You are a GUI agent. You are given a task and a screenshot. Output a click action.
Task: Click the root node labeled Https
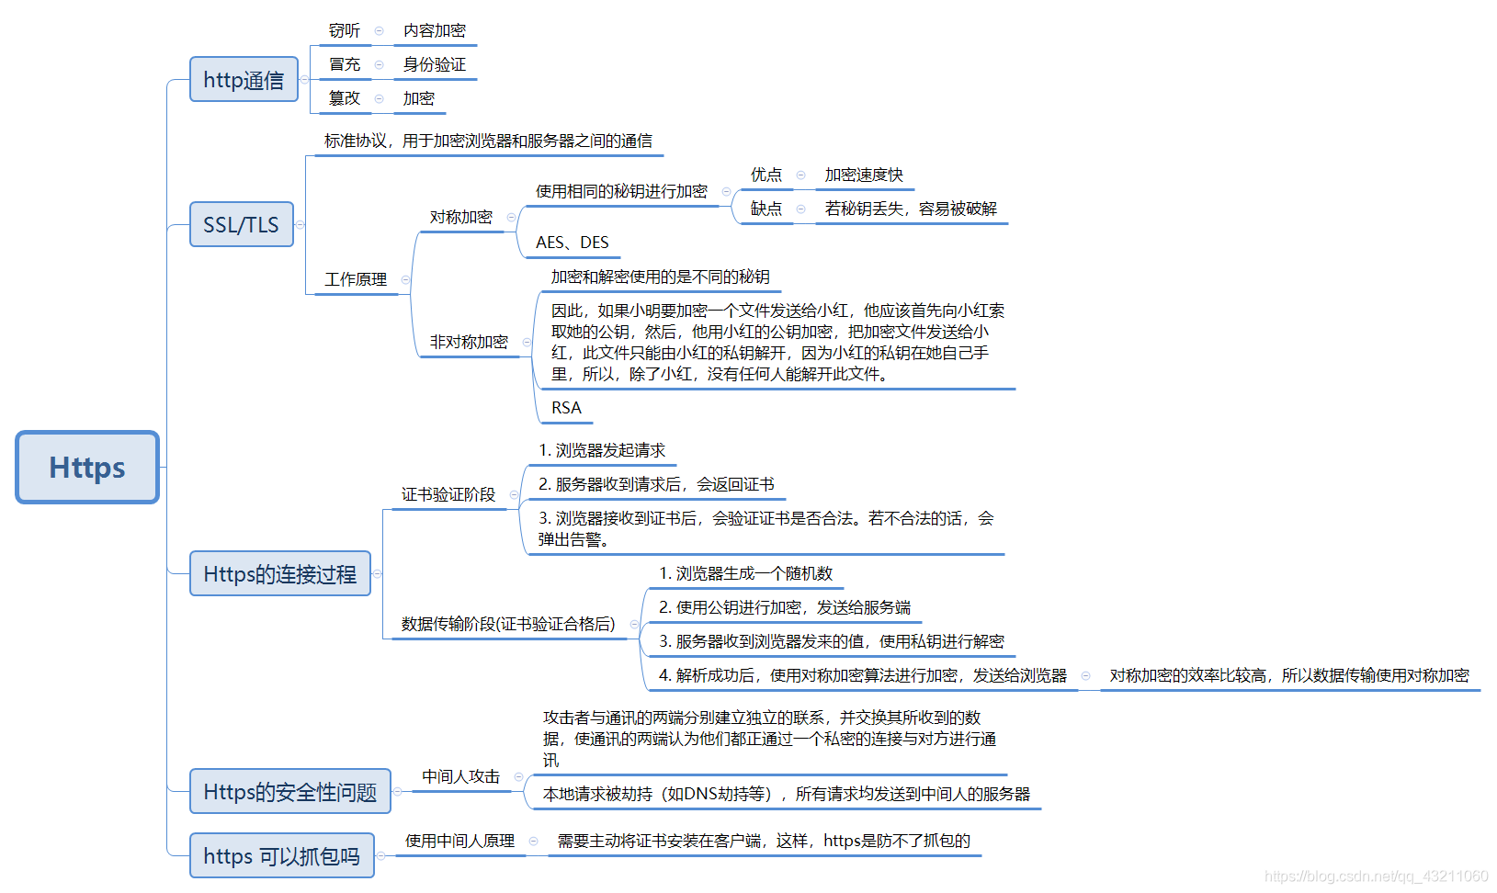[x=87, y=467]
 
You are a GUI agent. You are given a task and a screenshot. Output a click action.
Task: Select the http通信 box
[x=244, y=80]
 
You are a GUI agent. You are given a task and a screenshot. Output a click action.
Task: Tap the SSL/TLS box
[x=241, y=225]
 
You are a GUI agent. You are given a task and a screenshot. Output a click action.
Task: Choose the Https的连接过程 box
[x=279, y=574]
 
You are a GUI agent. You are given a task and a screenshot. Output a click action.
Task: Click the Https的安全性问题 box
[x=289, y=792]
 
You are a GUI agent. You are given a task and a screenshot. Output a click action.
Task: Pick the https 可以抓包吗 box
[x=281, y=856]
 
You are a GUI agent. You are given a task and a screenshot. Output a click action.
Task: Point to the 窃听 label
[x=345, y=31]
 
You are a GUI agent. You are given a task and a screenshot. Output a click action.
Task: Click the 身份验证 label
[x=435, y=65]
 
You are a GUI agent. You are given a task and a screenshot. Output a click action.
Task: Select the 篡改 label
[x=345, y=98]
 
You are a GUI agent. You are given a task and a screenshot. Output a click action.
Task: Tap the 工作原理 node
[x=356, y=279]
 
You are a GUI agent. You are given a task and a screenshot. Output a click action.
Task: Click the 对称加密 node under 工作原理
[x=461, y=218]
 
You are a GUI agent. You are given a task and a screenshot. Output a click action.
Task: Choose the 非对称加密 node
[x=469, y=342]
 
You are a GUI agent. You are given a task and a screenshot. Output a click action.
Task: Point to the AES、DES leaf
[x=572, y=243]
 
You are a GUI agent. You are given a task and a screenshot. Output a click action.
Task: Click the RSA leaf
[x=566, y=408]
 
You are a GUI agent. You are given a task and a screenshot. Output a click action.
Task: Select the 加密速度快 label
[x=864, y=175]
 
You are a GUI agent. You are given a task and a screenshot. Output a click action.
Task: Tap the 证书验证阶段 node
[x=448, y=494]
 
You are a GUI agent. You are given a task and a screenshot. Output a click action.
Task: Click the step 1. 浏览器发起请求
[x=602, y=450]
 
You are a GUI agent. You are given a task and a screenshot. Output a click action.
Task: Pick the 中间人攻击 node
[x=461, y=777]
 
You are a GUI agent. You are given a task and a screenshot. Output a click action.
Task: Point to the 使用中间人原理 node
[x=460, y=841]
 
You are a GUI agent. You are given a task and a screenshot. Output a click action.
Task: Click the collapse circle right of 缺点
[x=801, y=209]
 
